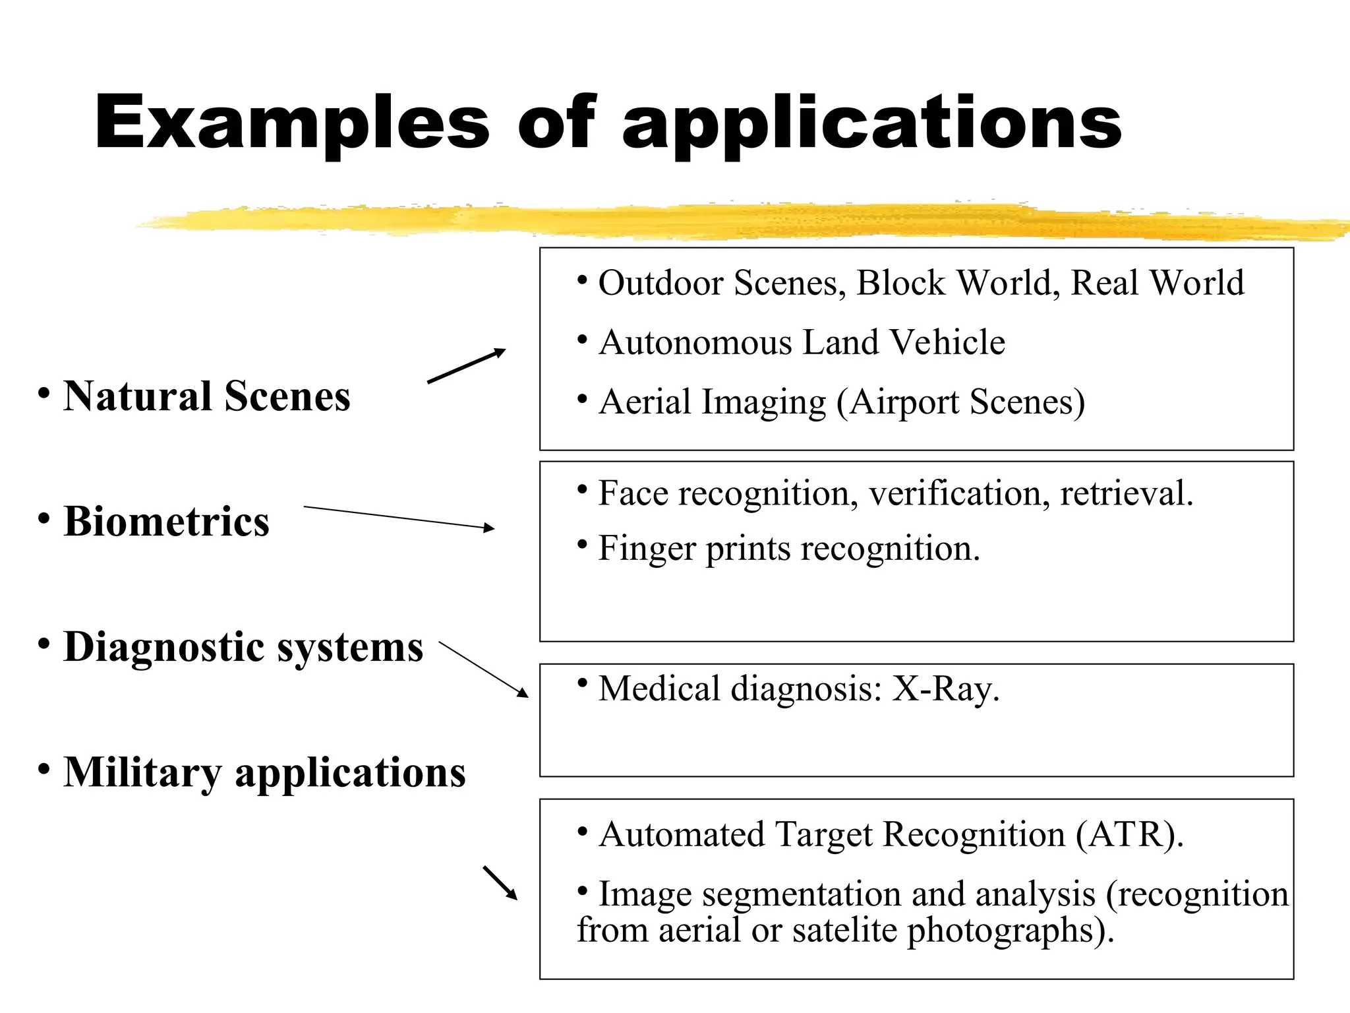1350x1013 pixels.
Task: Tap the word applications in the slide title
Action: (871, 125)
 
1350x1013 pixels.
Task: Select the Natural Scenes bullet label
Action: (206, 396)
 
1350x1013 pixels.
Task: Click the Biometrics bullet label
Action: (166, 522)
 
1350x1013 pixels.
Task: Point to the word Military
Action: (142, 772)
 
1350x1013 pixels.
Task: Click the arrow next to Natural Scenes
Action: (466, 366)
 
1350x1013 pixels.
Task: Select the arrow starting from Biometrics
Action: (398, 517)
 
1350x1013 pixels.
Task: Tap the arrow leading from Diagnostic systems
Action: (483, 669)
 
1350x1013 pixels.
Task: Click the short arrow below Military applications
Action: (500, 883)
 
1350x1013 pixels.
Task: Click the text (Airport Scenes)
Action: (960, 402)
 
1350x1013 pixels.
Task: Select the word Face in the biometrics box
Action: (633, 493)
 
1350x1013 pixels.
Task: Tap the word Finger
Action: (647, 549)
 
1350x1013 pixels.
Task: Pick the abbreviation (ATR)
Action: (1129, 835)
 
